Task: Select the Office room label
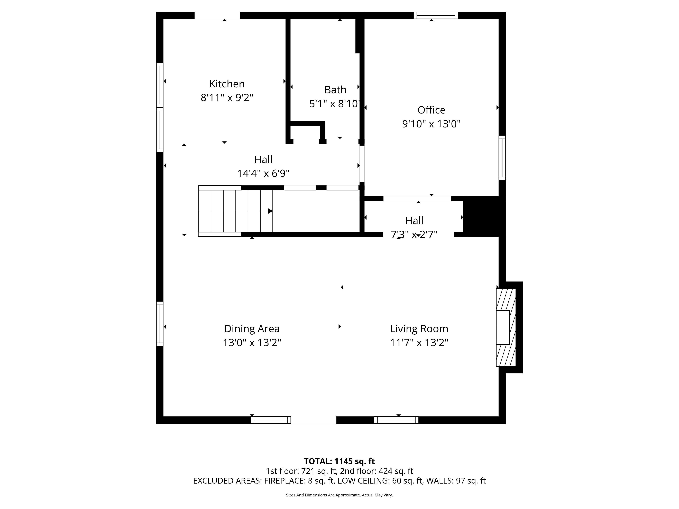[x=431, y=110]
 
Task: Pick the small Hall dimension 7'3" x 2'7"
[x=414, y=234]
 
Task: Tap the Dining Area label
[x=252, y=329]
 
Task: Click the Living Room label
[x=419, y=329]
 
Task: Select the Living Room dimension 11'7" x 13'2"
[x=419, y=342]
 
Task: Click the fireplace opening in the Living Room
[x=503, y=327]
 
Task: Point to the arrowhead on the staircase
[x=270, y=211]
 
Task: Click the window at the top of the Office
[x=436, y=15]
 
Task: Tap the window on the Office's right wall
[x=502, y=158]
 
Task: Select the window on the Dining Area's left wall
[x=160, y=324]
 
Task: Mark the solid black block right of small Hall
[x=484, y=217]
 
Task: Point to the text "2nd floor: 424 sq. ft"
[x=376, y=471]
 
